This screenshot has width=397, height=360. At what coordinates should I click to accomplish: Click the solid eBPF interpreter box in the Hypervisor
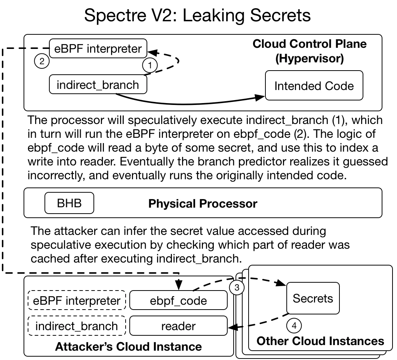[x=98, y=49]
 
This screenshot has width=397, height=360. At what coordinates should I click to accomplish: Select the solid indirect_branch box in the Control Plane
[x=98, y=85]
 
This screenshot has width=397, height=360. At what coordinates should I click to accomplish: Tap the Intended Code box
[x=314, y=86]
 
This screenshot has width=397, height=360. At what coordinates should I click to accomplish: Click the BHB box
[x=69, y=204]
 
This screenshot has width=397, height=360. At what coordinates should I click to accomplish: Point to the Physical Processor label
[x=203, y=204]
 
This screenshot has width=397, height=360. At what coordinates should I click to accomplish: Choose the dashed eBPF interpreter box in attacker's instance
[x=77, y=301]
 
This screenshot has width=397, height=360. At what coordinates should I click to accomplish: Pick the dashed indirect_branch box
[x=77, y=326]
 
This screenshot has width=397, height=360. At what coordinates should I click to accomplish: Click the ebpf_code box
[x=178, y=301]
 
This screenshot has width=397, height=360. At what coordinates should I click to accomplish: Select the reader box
[x=178, y=326]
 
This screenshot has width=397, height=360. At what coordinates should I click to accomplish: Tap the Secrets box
[x=313, y=298]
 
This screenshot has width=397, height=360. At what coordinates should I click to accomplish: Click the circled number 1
[x=150, y=65]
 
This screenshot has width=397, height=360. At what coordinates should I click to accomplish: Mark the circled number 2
[x=41, y=61]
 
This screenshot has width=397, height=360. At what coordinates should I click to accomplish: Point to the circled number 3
[x=237, y=288]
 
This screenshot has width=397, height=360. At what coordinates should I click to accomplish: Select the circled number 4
[x=294, y=325]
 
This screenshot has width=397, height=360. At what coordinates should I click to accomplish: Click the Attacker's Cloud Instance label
[x=128, y=346]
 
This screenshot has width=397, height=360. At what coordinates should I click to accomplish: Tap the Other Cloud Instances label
[x=320, y=341]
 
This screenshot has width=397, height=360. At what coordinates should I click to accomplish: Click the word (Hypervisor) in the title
[x=310, y=59]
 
